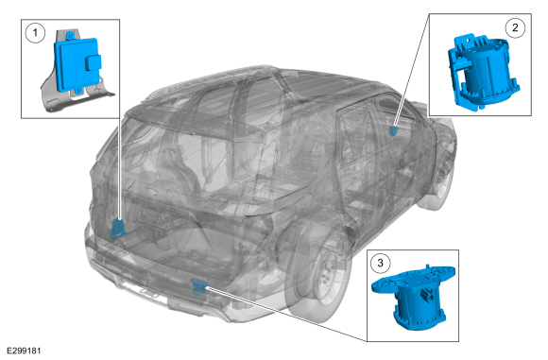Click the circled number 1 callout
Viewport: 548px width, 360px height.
35,33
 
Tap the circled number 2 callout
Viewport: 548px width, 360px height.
515,27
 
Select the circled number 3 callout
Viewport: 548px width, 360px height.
380,263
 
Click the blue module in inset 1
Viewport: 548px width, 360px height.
77,63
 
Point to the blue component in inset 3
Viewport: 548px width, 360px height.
414,297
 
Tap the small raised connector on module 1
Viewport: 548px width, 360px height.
93,63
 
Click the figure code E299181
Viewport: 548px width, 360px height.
25,351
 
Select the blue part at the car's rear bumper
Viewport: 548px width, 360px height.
198,286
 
